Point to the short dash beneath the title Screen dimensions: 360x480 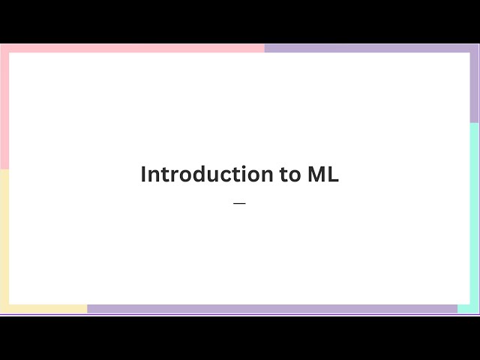(239, 203)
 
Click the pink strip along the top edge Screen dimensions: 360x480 (135, 48)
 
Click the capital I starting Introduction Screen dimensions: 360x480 (144, 175)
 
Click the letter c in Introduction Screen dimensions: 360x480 (226, 175)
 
